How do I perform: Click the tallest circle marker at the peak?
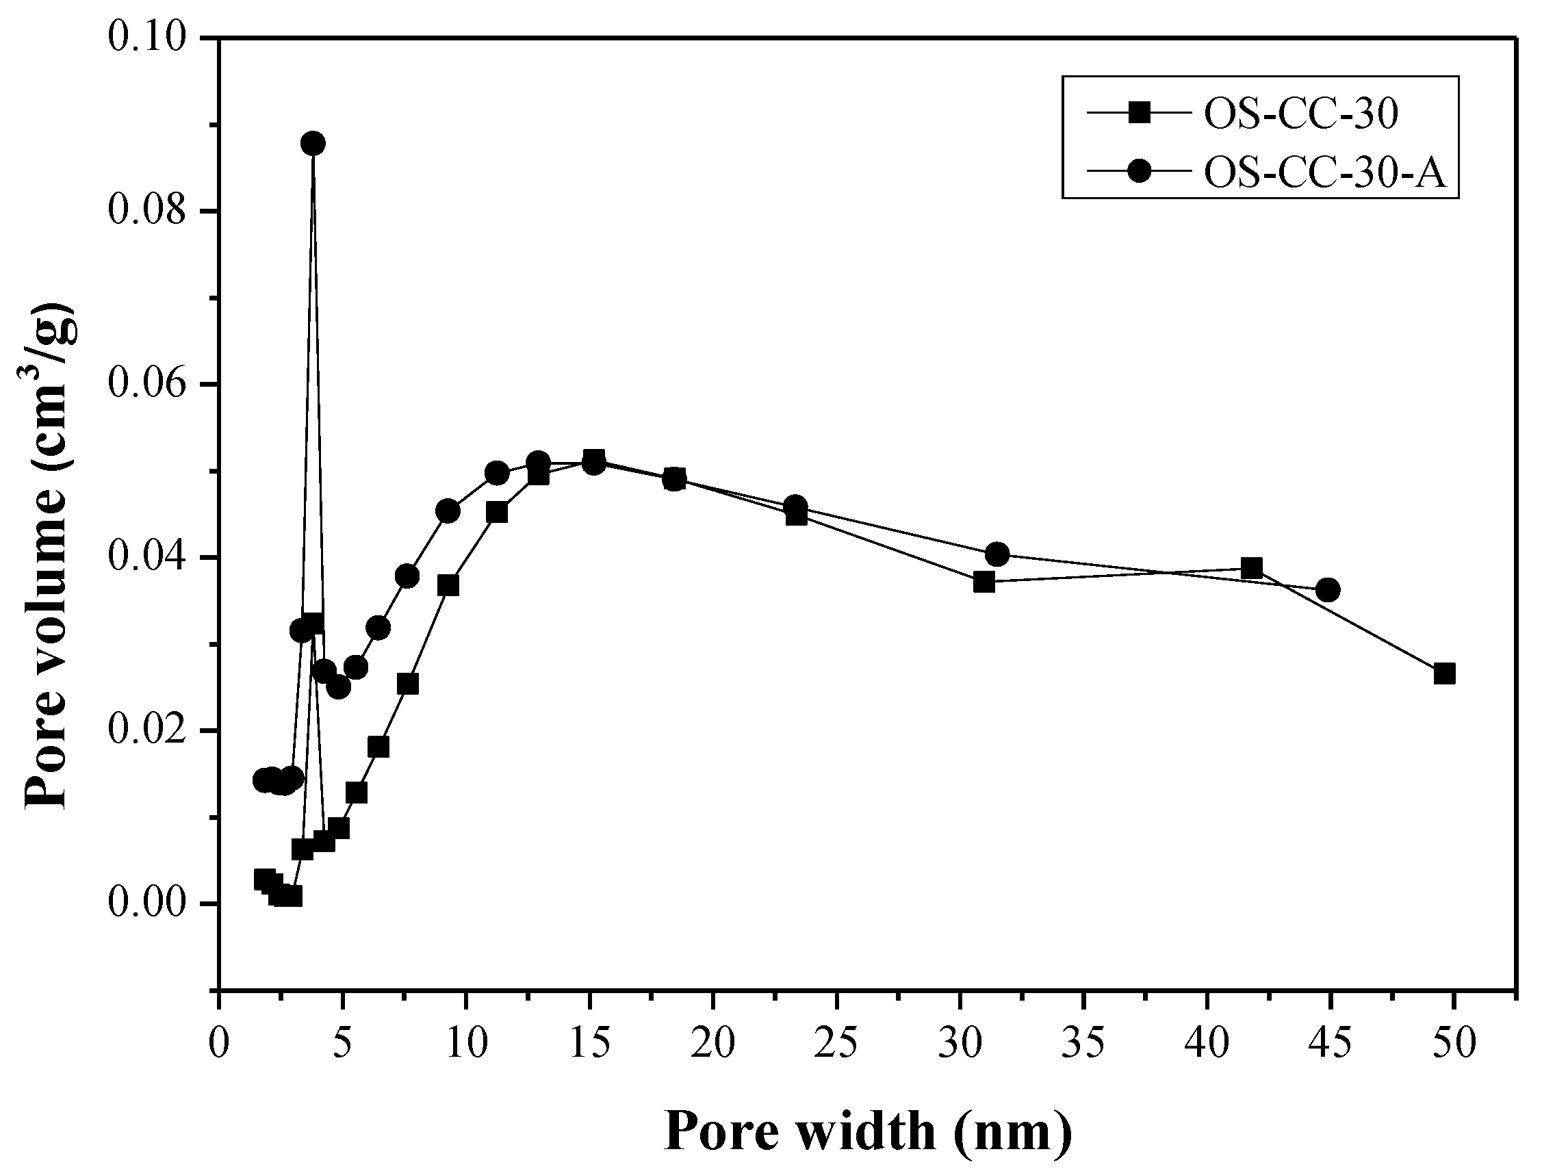(313, 144)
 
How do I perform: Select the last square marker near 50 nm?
(1444, 674)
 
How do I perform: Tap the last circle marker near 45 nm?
(1328, 591)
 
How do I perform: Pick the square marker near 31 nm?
(984, 581)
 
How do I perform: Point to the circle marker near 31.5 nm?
(998, 554)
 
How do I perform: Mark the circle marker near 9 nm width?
(448, 511)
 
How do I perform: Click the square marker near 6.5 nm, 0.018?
(378, 747)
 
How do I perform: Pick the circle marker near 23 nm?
(795, 506)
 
